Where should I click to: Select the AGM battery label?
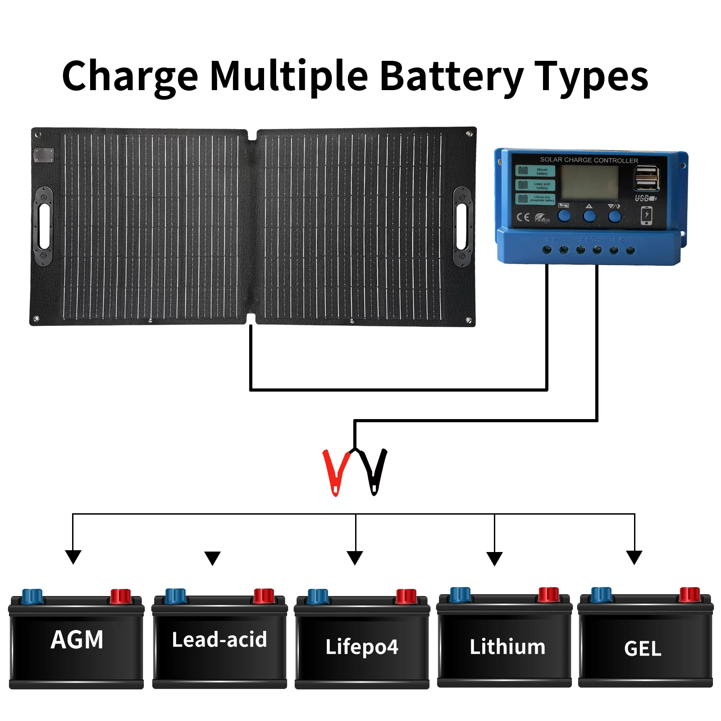pyautogui.click(x=77, y=640)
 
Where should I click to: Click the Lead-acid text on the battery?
pyautogui.click(x=219, y=640)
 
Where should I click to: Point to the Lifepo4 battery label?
pyautogui.click(x=362, y=647)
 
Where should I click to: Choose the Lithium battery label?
pyautogui.click(x=507, y=647)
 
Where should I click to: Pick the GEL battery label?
pyautogui.click(x=643, y=649)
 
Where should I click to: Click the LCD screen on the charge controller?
pyautogui.click(x=589, y=183)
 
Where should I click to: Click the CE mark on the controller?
pyautogui.click(x=523, y=218)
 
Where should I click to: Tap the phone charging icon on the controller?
pyautogui.click(x=647, y=215)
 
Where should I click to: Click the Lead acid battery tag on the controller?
pyautogui.click(x=535, y=185)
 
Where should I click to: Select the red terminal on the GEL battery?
pyautogui.click(x=689, y=594)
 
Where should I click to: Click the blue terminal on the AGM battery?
pyautogui.click(x=32, y=596)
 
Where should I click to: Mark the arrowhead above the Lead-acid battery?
pyautogui.click(x=212, y=558)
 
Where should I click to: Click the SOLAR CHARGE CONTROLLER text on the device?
pyautogui.click(x=589, y=160)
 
